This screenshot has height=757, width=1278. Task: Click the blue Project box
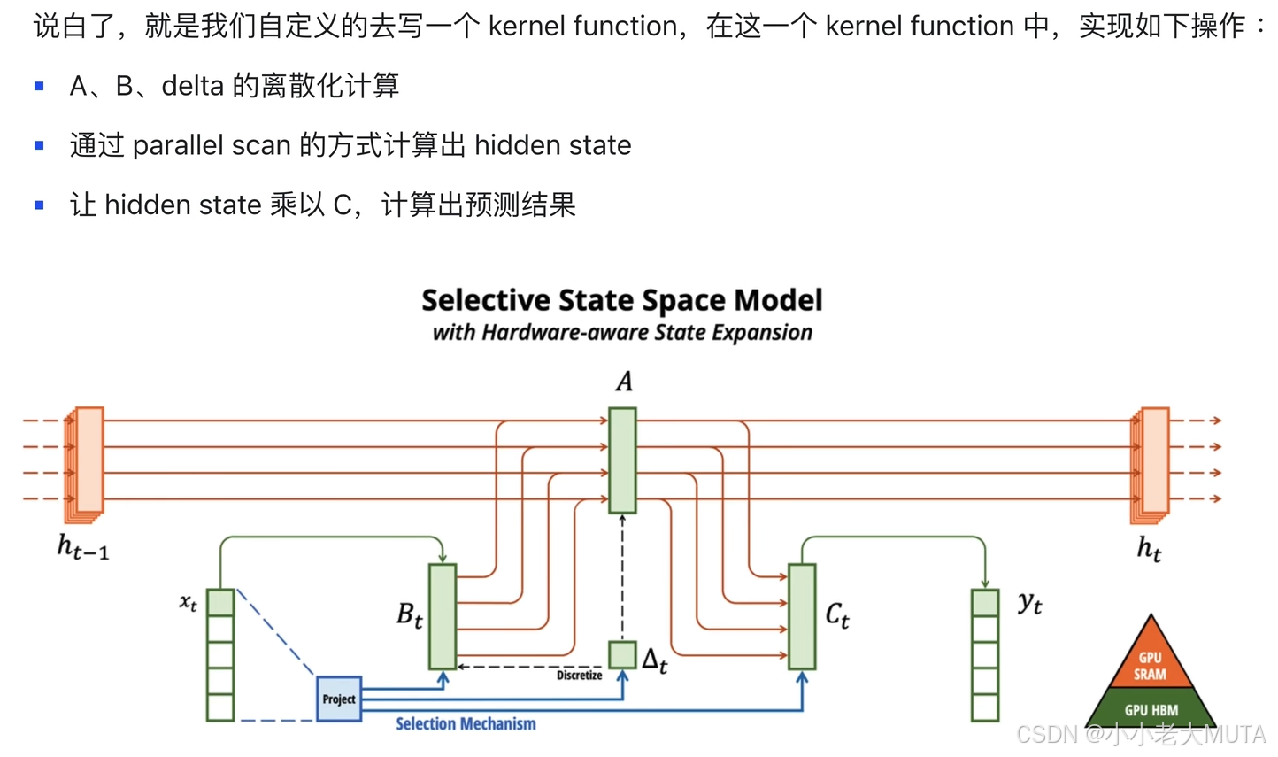coord(339,699)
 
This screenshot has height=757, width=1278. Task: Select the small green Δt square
coord(622,654)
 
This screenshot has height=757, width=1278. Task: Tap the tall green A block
coord(622,460)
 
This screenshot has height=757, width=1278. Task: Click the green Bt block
coord(443,616)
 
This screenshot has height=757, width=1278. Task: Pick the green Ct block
coord(802,616)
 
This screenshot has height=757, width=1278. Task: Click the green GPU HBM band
coord(1151,709)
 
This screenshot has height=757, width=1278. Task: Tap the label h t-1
coord(83,546)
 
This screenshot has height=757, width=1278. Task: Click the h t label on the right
coord(1149,548)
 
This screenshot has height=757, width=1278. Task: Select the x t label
coord(189,603)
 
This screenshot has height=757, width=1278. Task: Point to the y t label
coord(1029,604)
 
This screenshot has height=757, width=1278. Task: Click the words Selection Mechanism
coord(466,724)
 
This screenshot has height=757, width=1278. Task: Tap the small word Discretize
coord(579,676)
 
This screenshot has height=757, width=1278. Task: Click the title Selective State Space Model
coord(621,300)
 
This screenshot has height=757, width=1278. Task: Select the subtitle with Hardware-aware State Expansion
coord(621,333)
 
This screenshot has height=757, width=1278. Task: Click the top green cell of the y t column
coord(985,602)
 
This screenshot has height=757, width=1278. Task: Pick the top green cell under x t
coord(220,602)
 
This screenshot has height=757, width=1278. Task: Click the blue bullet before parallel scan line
coord(39,145)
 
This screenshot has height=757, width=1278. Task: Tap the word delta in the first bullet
coord(192,86)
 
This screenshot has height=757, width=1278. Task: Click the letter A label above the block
coord(624,382)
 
